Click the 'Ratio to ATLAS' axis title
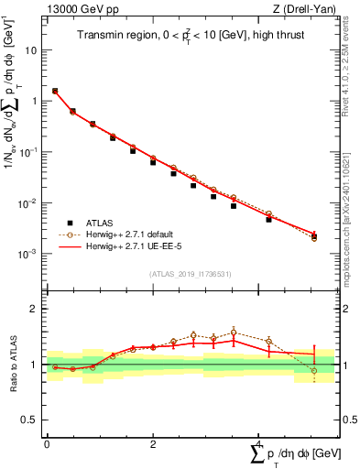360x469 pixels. tap(11, 364)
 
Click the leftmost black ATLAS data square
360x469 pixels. tap(55, 92)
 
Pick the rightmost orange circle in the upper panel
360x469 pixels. tap(314, 238)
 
